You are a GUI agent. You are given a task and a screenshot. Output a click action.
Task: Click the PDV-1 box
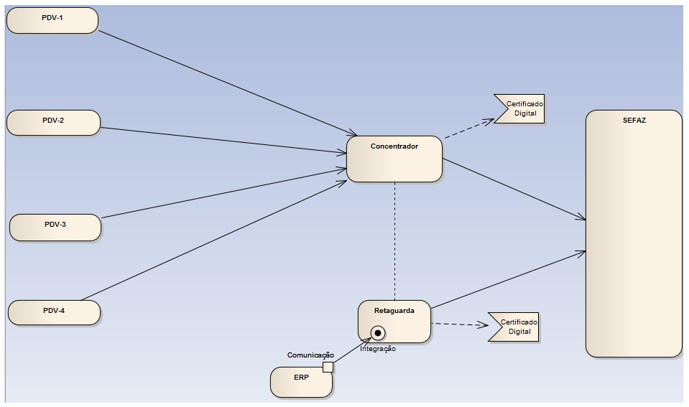[52, 20]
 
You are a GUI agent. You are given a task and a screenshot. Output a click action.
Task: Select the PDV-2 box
[53, 122]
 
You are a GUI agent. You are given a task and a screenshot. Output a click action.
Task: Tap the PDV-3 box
[55, 227]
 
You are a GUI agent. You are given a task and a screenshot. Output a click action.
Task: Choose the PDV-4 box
[54, 312]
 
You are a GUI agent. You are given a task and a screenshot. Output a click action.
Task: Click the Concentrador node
[394, 159]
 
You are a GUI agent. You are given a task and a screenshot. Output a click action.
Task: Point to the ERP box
[301, 382]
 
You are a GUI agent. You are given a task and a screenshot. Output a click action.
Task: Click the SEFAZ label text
[634, 121]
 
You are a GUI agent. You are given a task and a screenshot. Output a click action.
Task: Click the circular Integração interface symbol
[377, 332]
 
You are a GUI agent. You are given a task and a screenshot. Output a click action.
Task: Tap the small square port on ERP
[328, 368]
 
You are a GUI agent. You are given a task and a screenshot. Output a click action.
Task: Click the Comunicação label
[310, 355]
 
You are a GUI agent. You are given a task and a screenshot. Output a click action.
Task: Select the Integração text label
[377, 349]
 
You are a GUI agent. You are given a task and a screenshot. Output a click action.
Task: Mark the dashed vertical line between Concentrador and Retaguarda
[394, 240]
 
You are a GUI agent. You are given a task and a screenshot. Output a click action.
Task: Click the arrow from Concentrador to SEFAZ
[514, 189]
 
